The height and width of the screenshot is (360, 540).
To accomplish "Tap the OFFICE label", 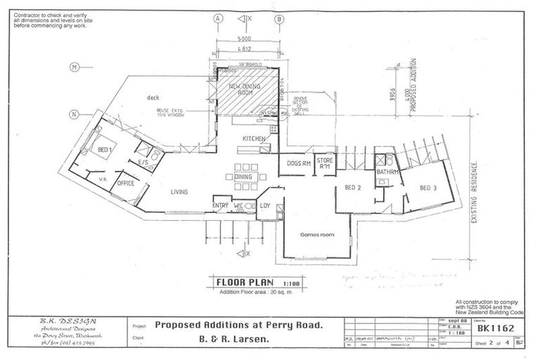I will tap(125, 183).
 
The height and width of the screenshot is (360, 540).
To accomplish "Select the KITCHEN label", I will tap(253, 139).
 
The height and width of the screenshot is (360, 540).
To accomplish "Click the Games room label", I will tap(314, 234).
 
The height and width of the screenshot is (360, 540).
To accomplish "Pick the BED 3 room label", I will tap(429, 188).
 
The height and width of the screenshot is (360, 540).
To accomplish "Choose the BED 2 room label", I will tap(353, 188).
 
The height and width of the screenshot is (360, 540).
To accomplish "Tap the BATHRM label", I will tap(387, 172).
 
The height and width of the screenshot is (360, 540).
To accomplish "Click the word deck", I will tap(155, 98).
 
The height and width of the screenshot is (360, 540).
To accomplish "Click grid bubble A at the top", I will tap(219, 19).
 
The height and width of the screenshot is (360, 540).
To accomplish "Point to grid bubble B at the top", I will tap(279, 19).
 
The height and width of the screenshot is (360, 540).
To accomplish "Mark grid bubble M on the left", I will tap(73, 67).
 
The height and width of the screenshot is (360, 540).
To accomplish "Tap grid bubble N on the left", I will tap(73, 115).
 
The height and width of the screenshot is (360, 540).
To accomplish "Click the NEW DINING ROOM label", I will tap(245, 89).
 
